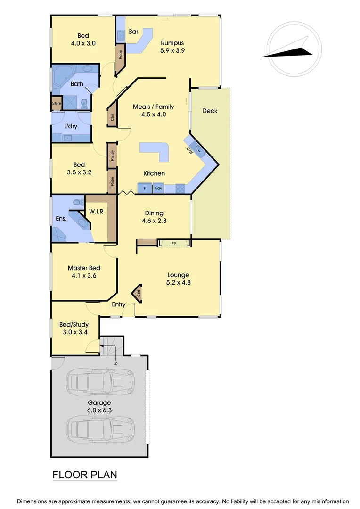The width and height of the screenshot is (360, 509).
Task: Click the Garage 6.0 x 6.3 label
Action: (99, 406)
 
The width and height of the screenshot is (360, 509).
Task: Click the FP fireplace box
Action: (174, 243)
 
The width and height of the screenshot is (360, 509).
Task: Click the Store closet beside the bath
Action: (57, 103)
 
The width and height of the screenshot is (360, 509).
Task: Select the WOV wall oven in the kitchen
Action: (157, 189)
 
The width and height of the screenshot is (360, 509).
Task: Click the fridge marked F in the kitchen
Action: (145, 189)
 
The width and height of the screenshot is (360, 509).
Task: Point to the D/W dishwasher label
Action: (189, 151)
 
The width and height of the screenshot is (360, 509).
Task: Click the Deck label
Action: (210, 111)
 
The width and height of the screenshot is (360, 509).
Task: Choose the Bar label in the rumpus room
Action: (133, 32)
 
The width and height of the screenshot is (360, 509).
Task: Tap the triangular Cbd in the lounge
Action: (138, 293)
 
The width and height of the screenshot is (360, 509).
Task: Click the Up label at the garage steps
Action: (115, 363)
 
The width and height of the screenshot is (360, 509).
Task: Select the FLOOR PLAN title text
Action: (85, 475)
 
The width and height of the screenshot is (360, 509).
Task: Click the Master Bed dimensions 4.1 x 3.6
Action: (84, 276)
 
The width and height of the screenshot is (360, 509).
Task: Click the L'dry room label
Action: (71, 126)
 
